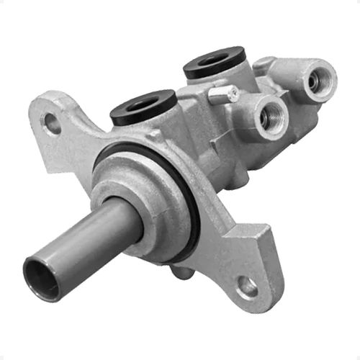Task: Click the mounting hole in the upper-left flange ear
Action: coord(53,123)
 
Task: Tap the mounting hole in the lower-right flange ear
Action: coord(247,287)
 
